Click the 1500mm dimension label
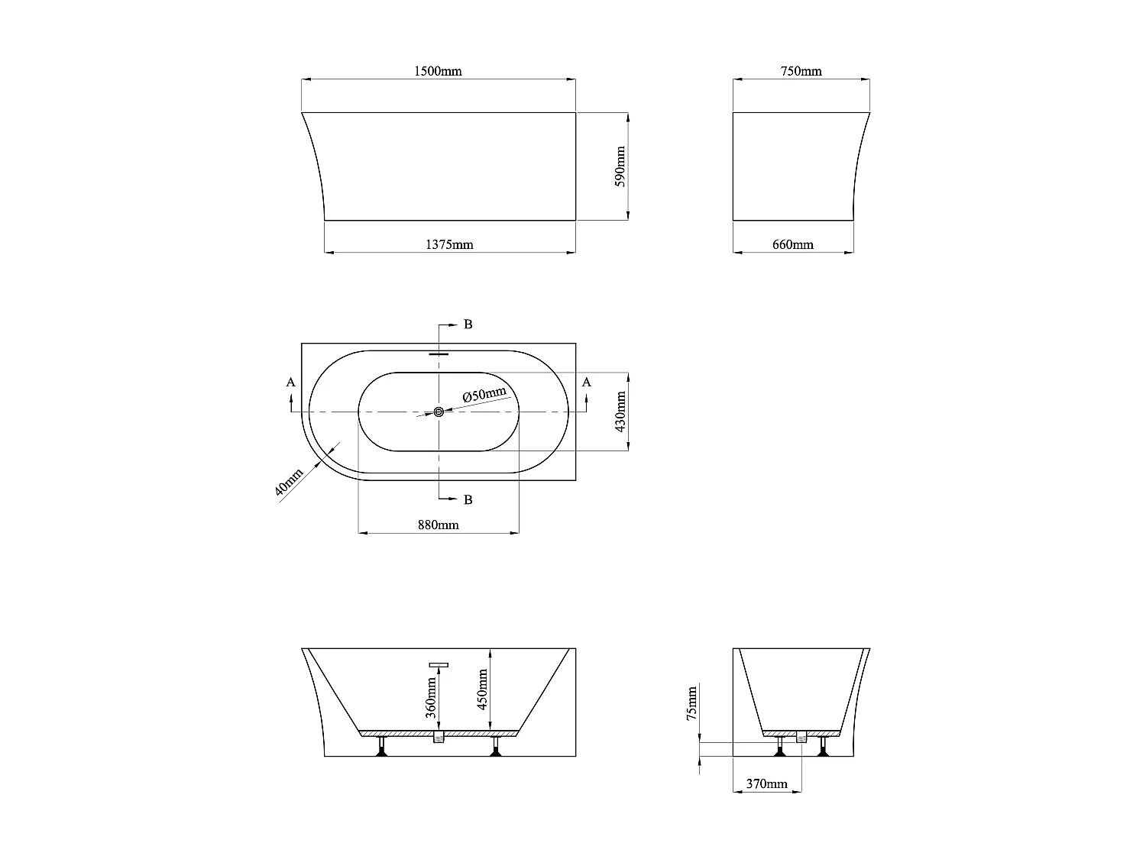tap(438, 71)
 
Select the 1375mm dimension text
tap(449, 244)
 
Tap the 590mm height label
tap(620, 166)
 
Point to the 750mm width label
tap(801, 71)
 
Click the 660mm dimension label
tap(793, 244)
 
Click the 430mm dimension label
tap(620, 412)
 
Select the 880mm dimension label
tap(439, 525)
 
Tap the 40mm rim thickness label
tap(288, 483)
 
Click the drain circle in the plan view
tap(439, 412)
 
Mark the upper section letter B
tap(468, 325)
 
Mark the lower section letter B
tap(468, 499)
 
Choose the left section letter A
tap(290, 382)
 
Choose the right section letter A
tap(586, 382)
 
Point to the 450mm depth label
tap(482, 689)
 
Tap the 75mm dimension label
tap(691, 703)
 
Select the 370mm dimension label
tap(766, 783)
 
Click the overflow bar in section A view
tap(439, 665)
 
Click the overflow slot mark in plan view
tap(439, 354)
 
